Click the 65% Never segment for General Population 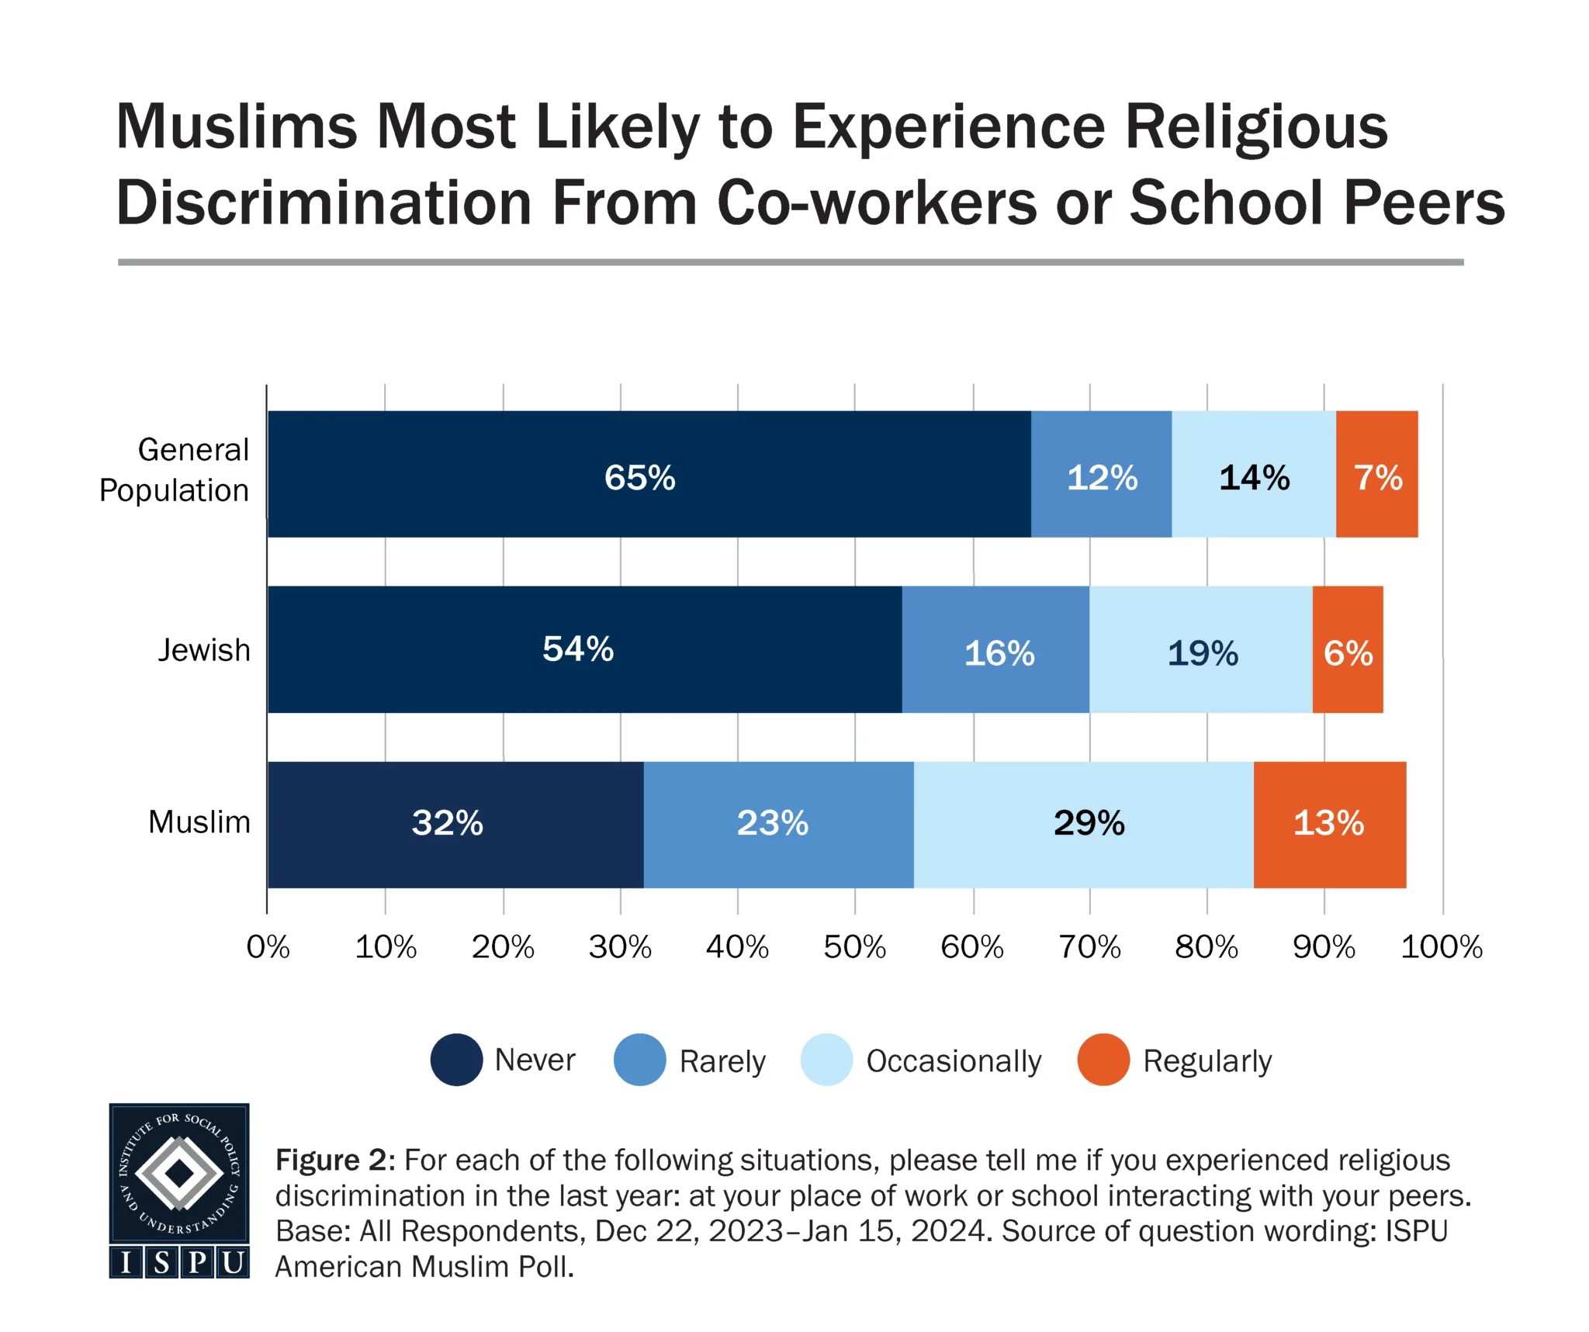point(649,474)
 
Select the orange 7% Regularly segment point(1376,474)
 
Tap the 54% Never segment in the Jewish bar point(584,649)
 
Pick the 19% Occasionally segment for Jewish point(1200,649)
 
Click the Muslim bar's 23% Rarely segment point(778,824)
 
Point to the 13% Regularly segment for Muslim point(1329,824)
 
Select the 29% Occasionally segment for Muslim point(1083,824)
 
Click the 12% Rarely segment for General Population point(1101,474)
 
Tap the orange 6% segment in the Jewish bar point(1347,649)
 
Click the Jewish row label point(204,650)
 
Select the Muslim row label point(199,822)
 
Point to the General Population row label point(175,470)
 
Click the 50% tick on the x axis point(854,947)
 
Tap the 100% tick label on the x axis point(1441,947)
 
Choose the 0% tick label point(268,947)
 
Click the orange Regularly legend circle point(1103,1060)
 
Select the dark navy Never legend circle point(456,1060)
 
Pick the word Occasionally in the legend point(954,1061)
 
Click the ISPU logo point(179,1191)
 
